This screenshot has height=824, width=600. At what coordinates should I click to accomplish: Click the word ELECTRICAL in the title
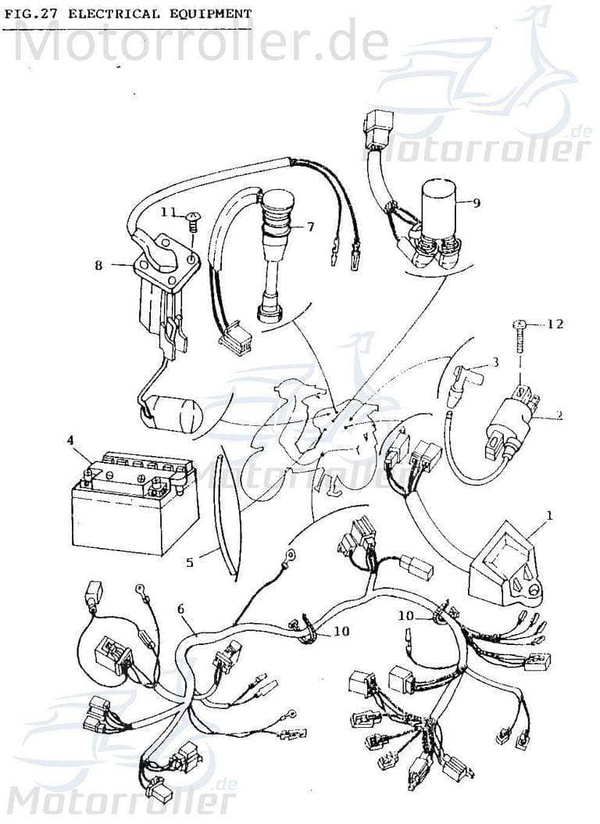pos(113,13)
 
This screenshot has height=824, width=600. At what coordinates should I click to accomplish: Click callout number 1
pos(549,515)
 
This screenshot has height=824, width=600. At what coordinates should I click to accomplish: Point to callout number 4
pos(70,440)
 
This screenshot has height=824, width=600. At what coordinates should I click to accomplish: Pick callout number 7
pos(310,227)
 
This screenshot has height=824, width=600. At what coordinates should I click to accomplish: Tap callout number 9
pos(477,202)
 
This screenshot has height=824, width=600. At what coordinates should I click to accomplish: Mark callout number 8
pos(98,265)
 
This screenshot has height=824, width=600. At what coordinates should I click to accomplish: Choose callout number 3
pos(495,362)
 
